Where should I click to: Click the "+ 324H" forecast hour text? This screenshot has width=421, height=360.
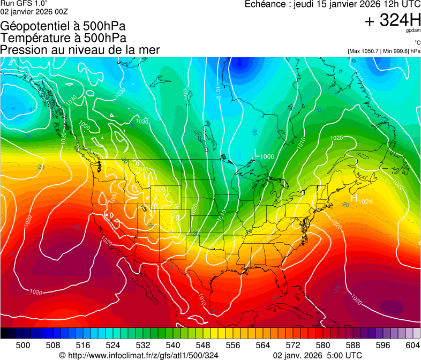click(x=393, y=21)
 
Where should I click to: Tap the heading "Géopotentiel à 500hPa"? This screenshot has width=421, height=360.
click(x=63, y=26)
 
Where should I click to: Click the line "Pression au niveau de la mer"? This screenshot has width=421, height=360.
click(x=80, y=50)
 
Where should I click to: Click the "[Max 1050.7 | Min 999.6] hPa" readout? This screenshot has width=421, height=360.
click(x=384, y=51)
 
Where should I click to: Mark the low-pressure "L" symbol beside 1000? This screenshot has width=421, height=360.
click(x=257, y=154)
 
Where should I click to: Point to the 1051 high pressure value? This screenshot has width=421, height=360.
click(x=162, y=190)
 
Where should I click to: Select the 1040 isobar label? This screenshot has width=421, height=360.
click(x=142, y=169)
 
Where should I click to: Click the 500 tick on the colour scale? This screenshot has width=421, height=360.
click(x=23, y=344)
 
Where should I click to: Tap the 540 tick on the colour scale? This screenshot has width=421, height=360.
click(x=173, y=344)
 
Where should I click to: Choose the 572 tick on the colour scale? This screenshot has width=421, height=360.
click(x=293, y=344)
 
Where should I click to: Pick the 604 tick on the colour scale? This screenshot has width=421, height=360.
click(x=413, y=344)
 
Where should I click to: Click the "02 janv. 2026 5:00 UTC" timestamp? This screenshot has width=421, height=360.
click(x=318, y=355)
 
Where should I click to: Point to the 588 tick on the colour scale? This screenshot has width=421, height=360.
click(x=353, y=344)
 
